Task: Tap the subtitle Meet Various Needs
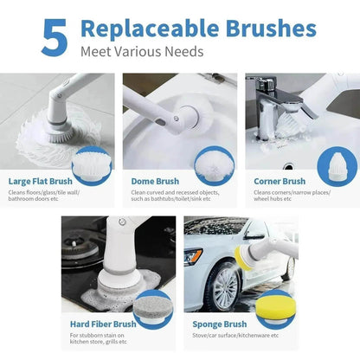click(142, 52)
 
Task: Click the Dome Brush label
click(155, 182)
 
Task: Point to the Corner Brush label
click(276, 182)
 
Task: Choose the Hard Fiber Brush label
click(103, 324)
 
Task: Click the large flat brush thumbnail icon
click(92, 164)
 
